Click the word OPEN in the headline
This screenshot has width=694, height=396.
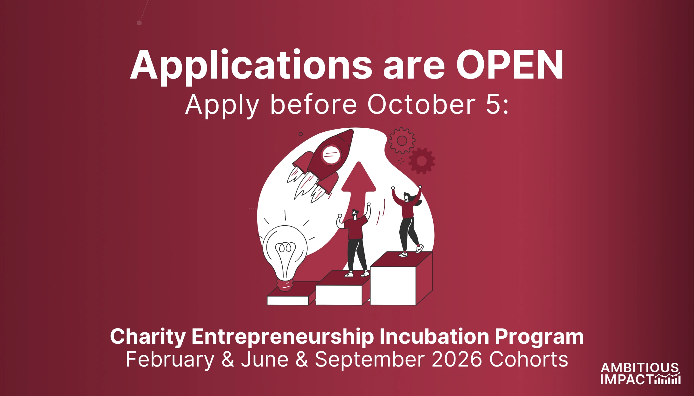[510, 65]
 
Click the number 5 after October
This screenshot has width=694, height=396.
[493, 105]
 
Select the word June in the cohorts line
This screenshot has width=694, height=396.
[265, 360]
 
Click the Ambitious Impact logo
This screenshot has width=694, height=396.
[640, 374]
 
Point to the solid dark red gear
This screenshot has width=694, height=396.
[422, 161]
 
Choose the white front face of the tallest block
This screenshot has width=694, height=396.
[393, 286]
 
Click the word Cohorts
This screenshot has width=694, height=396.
[528, 360]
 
